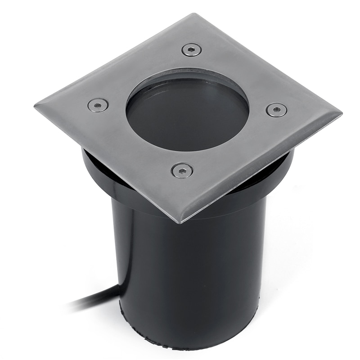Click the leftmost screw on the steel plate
coord(98,105)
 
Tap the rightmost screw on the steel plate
coord(276,110)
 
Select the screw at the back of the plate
coord(192,49)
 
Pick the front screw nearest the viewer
coord(182,170)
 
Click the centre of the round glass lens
coord(187,115)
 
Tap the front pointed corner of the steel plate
coord(180,221)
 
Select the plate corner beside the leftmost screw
coord(36,106)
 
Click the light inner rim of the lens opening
coord(189,75)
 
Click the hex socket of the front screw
coord(182,170)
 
